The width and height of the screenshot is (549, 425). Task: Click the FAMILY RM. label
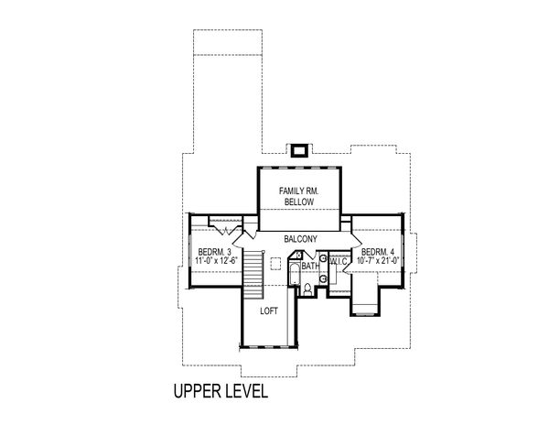tap(298, 191)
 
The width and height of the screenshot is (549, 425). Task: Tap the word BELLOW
tap(298, 202)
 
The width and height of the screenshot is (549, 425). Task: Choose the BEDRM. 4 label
tap(379, 252)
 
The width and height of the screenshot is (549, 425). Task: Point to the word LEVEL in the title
tap(244, 392)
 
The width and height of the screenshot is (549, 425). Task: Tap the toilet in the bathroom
tap(308, 287)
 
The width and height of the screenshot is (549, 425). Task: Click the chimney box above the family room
tap(298, 149)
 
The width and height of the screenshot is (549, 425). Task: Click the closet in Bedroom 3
tap(223, 223)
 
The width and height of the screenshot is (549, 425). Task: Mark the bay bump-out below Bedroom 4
tap(364, 297)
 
